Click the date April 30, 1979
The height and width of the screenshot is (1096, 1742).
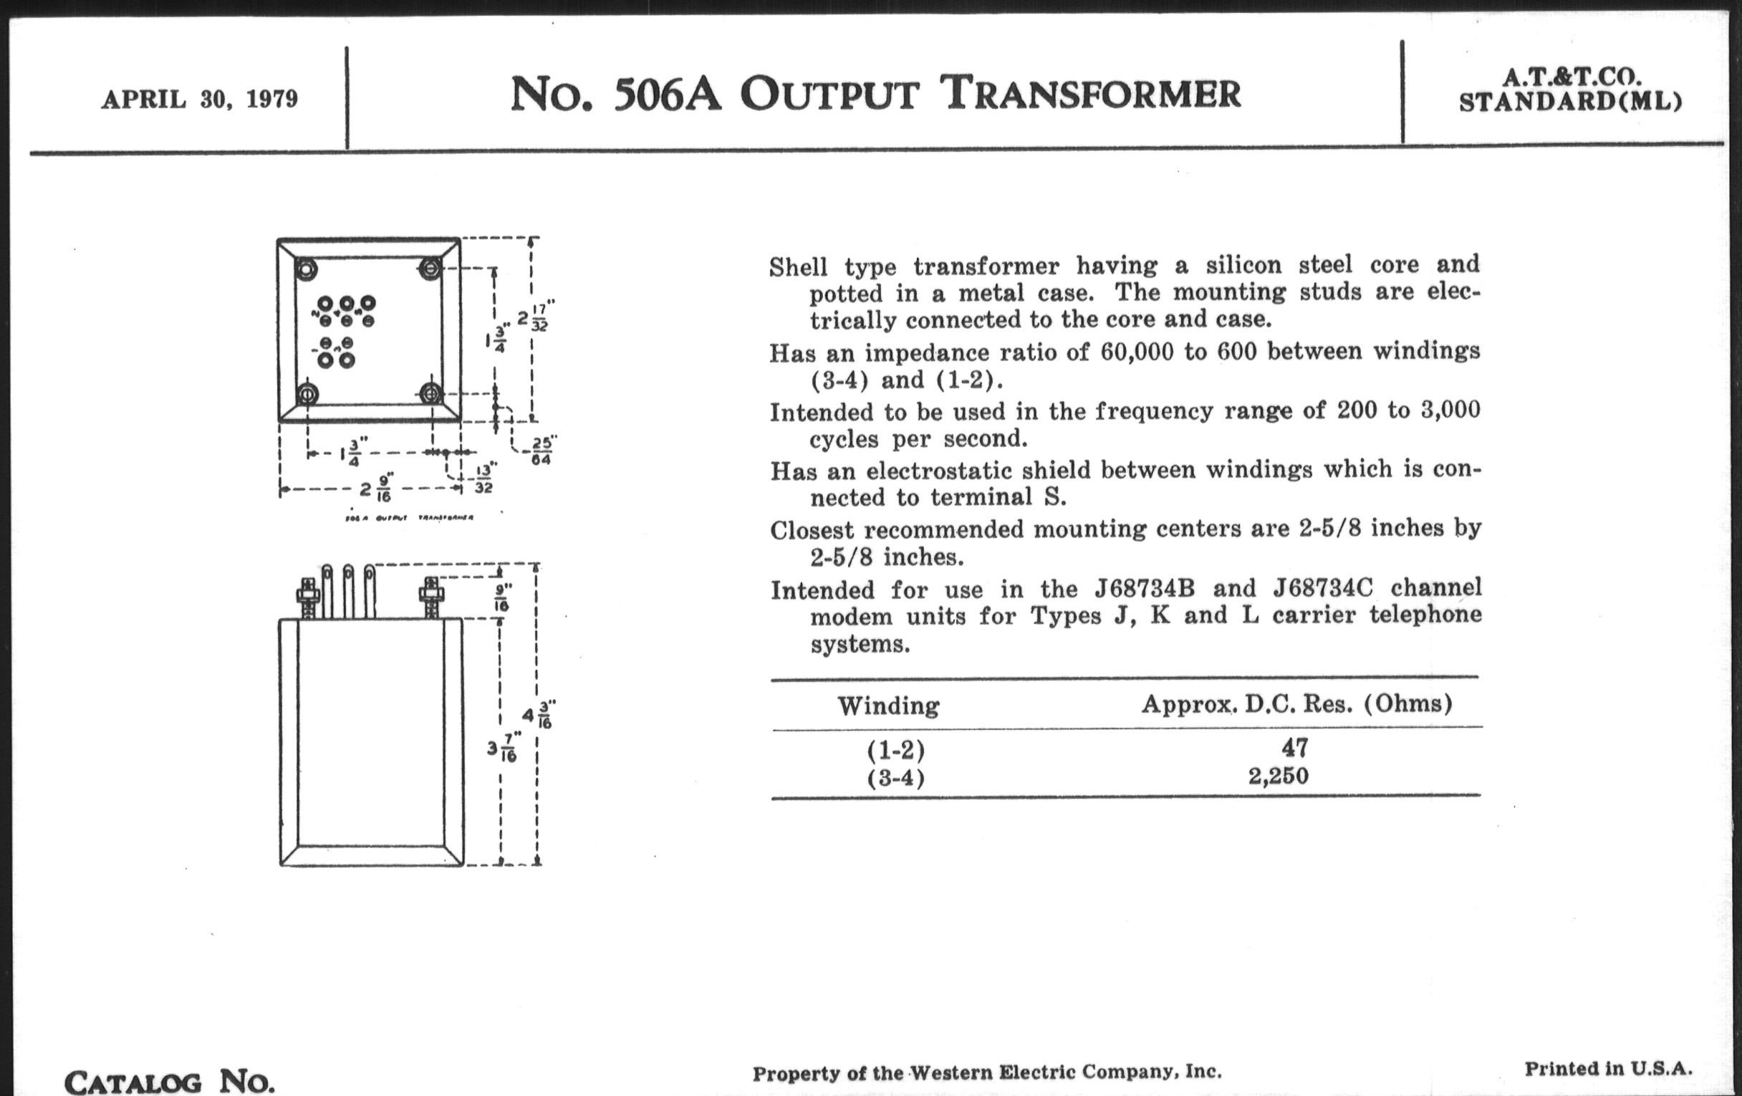200,99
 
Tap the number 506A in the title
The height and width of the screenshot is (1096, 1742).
666,95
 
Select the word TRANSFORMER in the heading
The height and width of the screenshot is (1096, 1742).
1093,93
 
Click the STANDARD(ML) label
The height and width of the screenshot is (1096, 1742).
1571,102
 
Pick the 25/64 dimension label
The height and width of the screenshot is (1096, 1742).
540,450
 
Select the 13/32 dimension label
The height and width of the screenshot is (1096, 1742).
484,479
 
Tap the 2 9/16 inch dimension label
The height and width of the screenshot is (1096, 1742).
377,489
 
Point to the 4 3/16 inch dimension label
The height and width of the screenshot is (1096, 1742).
538,715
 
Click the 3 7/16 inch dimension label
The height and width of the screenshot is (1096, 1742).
502,748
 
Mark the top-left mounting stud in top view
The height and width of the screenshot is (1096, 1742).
307,270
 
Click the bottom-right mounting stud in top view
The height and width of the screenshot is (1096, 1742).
431,394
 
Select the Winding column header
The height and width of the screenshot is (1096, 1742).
888,706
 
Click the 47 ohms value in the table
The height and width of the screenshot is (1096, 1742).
1294,747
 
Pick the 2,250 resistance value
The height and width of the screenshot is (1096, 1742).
1279,777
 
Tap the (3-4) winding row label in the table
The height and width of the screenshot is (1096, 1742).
895,779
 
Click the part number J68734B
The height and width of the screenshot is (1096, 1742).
1145,588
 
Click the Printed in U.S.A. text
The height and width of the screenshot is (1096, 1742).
1608,1069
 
